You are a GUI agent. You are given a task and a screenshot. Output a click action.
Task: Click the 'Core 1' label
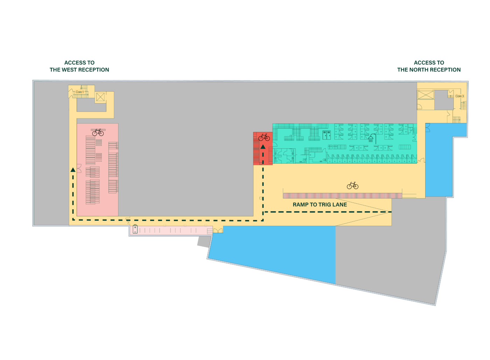pos(80,92)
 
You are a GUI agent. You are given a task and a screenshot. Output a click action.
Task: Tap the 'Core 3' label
pos(460,96)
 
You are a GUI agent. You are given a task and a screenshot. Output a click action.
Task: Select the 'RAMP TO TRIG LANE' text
pos(320,205)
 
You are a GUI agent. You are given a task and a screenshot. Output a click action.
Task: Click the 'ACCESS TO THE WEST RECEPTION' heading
pos(79,66)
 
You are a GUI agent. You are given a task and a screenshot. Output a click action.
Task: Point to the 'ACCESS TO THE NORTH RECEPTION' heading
pos(429,66)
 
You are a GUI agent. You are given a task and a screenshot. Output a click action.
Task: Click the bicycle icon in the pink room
pos(98,132)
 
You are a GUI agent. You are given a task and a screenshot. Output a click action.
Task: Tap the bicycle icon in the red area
pos(264,137)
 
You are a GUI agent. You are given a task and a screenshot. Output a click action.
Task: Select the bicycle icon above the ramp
pos(352,185)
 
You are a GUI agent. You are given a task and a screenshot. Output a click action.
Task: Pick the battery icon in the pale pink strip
pos(135,230)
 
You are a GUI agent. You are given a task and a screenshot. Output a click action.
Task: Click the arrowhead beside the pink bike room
pos(73,170)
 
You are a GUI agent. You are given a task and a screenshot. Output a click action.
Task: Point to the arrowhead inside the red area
pos(263,147)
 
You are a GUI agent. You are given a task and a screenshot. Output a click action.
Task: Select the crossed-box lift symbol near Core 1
pos(100,97)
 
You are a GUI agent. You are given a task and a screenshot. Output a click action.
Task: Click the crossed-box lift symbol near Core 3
pos(426,95)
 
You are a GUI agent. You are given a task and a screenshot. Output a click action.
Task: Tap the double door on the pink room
pos(79,169)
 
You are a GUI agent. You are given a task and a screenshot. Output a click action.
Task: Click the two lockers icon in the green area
pos(327,135)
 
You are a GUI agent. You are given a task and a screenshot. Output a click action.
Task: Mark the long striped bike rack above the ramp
pos(342,196)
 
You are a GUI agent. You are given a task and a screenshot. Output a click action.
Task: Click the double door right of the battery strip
pos(218,230)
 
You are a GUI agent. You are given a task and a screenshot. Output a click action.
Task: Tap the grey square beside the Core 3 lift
pos(441,100)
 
